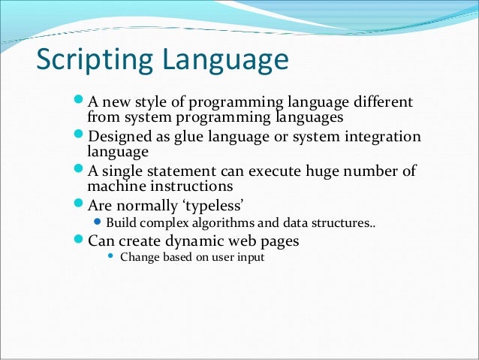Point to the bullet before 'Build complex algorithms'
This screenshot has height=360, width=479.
[98, 223]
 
